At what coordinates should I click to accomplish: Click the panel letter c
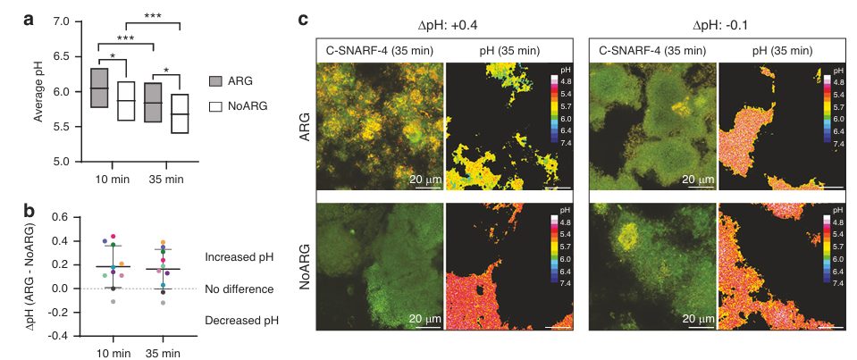[304, 21]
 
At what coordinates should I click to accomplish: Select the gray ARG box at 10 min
[99, 88]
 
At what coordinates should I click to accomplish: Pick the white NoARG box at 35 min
[180, 113]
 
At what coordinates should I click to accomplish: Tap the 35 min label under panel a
[167, 180]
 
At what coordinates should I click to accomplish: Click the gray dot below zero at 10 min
[113, 302]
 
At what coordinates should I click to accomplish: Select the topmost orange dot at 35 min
[163, 243]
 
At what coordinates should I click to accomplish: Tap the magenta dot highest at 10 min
[113, 237]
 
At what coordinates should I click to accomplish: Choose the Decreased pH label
[241, 321]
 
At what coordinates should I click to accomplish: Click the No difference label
[239, 289]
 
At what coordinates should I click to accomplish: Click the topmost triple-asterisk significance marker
[153, 16]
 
